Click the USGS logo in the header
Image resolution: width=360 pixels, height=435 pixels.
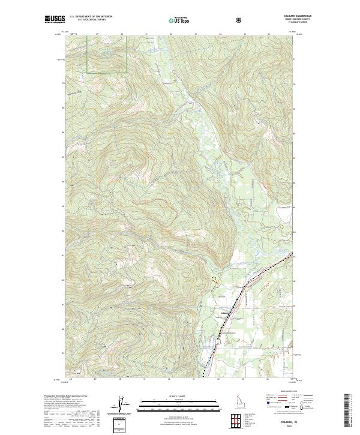click(55, 20)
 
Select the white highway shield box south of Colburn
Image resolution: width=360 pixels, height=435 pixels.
click(219, 340)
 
